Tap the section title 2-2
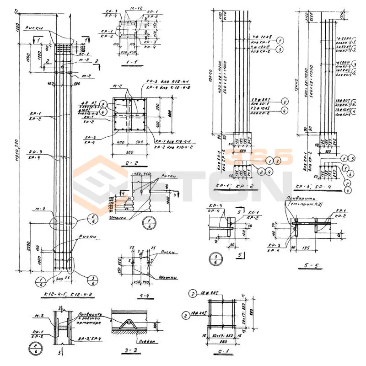click(x=129, y=163)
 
